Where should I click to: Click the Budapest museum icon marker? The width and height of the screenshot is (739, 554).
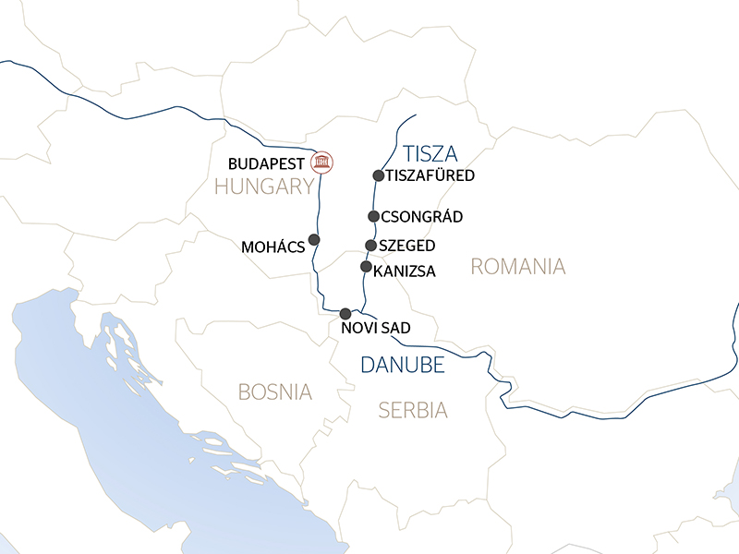pyautogui.click(x=322, y=163)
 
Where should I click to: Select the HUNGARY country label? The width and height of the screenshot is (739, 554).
pyautogui.click(x=264, y=187)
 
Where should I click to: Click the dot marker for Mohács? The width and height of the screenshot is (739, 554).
pyautogui.click(x=314, y=239)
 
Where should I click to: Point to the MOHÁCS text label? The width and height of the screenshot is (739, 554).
pyautogui.click(x=273, y=248)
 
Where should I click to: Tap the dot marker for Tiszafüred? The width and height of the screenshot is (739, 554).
pyautogui.click(x=378, y=175)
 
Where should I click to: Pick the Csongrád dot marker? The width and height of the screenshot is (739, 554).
pyautogui.click(x=373, y=217)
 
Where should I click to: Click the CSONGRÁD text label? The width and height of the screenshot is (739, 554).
pyautogui.click(x=420, y=218)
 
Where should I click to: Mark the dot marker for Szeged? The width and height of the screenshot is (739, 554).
pyautogui.click(x=370, y=246)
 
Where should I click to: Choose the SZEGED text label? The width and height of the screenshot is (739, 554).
pyautogui.click(x=407, y=247)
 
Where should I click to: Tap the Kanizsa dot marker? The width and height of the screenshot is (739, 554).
pyautogui.click(x=366, y=267)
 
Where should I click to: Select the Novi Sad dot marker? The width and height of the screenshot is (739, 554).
pyautogui.click(x=345, y=314)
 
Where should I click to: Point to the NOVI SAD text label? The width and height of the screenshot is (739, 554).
pyautogui.click(x=370, y=329)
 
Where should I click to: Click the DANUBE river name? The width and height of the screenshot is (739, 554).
pyautogui.click(x=403, y=365)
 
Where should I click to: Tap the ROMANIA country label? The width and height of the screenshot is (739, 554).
pyautogui.click(x=517, y=267)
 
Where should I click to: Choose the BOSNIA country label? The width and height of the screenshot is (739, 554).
pyautogui.click(x=275, y=391)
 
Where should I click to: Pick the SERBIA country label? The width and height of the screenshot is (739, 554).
pyautogui.click(x=412, y=410)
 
